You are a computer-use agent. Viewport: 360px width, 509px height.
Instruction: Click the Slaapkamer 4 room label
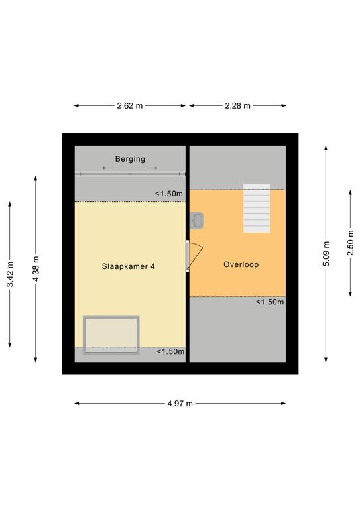tap(128, 266)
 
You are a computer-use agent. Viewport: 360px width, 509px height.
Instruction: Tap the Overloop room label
tap(241, 264)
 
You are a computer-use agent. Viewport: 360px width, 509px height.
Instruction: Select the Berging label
tap(130, 159)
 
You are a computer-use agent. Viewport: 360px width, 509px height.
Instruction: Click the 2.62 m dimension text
tap(130, 105)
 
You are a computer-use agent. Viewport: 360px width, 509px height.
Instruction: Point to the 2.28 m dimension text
tap(237, 105)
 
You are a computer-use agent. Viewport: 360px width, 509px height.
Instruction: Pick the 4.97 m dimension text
tap(180, 404)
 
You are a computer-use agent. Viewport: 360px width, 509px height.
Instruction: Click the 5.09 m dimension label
tap(326, 254)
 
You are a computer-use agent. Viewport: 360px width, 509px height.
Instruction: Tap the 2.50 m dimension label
tap(351, 243)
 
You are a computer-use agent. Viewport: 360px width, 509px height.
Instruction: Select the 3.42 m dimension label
tap(10, 274)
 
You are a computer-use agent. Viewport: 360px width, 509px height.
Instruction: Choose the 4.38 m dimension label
tap(36, 269)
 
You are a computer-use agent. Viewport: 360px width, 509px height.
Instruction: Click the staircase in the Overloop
tap(257, 208)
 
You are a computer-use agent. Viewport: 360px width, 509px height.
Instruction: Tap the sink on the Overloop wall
tap(197, 221)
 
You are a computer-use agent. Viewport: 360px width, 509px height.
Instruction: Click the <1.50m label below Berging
tap(169, 194)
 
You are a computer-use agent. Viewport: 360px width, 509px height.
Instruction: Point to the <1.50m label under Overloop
tap(269, 302)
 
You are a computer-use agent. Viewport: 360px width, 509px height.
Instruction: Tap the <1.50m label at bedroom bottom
tap(170, 351)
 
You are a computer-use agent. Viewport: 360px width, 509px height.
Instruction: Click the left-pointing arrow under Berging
tap(108, 168)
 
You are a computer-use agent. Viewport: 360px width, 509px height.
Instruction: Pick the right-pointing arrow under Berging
tap(152, 168)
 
